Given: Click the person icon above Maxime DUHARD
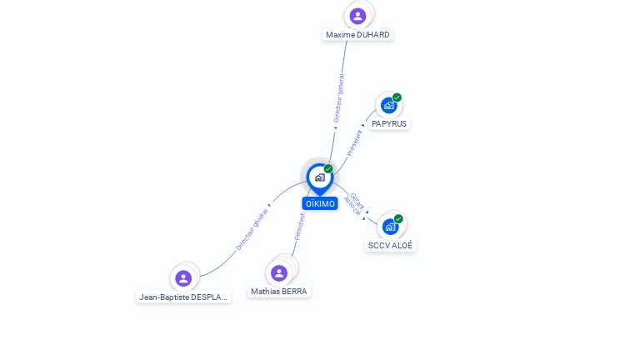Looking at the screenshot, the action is tap(357, 16).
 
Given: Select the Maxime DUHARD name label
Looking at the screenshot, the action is tap(357, 35).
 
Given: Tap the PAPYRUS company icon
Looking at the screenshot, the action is tap(388, 106).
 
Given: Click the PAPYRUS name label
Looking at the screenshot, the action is tap(390, 123).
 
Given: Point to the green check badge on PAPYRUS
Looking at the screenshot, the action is tap(397, 97).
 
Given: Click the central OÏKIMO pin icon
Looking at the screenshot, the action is tap(319, 177).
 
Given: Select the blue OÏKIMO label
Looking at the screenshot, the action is tap(320, 203).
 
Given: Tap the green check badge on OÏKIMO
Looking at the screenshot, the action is tap(328, 169).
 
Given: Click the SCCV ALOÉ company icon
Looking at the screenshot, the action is tap(390, 227).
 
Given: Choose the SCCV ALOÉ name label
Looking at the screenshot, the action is tap(390, 246).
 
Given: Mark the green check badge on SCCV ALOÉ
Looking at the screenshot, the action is tap(398, 219).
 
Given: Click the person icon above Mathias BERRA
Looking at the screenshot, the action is tap(279, 272).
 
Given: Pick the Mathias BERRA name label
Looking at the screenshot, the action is tap(279, 292).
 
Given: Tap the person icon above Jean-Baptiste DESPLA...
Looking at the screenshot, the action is tap(183, 277).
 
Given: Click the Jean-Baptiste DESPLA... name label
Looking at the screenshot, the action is tap(183, 297).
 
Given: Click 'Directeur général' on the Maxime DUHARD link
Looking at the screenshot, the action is tap(338, 98).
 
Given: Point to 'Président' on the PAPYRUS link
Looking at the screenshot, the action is tap(354, 142).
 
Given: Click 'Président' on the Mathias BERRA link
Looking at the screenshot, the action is tap(299, 227).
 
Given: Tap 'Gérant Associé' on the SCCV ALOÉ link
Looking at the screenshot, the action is tap(354, 204).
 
